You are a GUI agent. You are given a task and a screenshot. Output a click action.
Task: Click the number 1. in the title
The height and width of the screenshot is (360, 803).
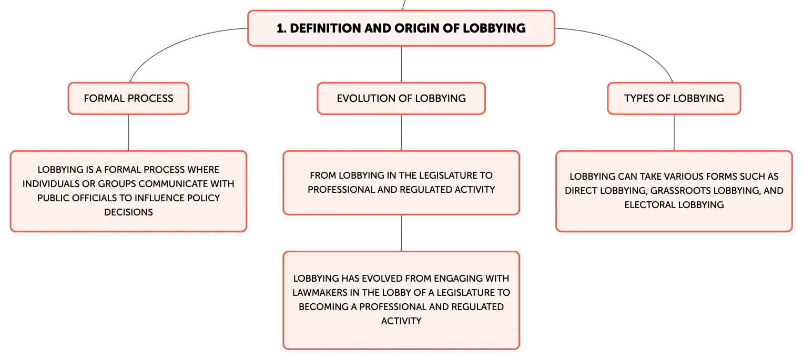click(x=281, y=28)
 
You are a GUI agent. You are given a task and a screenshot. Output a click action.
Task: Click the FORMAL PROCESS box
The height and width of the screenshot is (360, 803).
click(x=128, y=98)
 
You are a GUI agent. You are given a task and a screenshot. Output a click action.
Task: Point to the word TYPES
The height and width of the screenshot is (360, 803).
click(x=639, y=98)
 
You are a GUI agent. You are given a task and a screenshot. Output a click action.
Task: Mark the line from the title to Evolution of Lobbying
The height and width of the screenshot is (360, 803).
click(x=401, y=64)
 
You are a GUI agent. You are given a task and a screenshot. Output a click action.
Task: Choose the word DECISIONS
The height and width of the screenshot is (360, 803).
click(x=128, y=212)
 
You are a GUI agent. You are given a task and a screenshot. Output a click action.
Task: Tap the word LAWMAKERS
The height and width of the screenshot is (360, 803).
click(x=320, y=293)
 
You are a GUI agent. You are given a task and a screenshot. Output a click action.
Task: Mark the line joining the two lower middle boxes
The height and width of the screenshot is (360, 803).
click(x=401, y=233)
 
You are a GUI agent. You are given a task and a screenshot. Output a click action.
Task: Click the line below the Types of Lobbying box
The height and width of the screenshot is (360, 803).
click(x=674, y=132)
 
